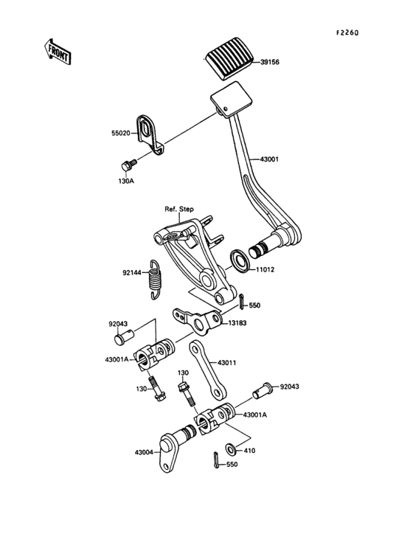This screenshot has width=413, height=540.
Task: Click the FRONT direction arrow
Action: (x=55, y=51)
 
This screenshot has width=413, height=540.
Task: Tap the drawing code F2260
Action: (x=347, y=32)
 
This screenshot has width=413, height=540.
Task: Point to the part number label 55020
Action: (x=122, y=135)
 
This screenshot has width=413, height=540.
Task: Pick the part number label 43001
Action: (x=270, y=159)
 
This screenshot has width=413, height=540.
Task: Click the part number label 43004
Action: (x=145, y=452)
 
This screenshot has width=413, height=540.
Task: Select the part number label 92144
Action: (x=133, y=271)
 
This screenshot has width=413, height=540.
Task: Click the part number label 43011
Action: (x=229, y=362)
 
